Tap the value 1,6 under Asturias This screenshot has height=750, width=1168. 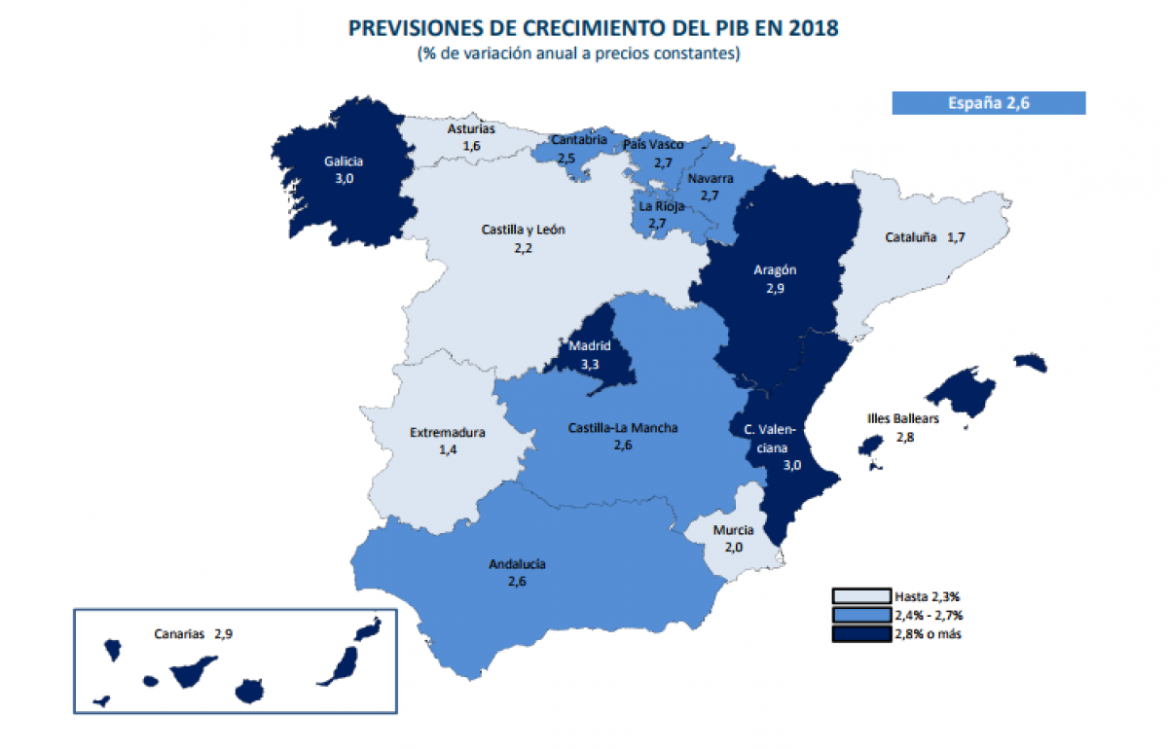pyautogui.click(x=472, y=145)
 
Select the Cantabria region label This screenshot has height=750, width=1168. pyautogui.click(x=578, y=140)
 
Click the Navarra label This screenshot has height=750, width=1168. pyautogui.click(x=710, y=179)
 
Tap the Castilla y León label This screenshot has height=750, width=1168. pyautogui.click(x=523, y=231)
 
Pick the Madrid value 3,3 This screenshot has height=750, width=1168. pyautogui.click(x=590, y=363)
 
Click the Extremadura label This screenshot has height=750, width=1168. pyautogui.click(x=448, y=433)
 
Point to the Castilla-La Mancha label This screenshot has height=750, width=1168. pyautogui.click(x=623, y=427)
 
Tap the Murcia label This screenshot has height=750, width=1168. pyautogui.click(x=733, y=530)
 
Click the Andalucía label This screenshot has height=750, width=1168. pyautogui.click(x=517, y=564)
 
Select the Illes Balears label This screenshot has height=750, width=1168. pyautogui.click(x=902, y=419)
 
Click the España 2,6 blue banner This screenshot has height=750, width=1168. pyautogui.click(x=988, y=103)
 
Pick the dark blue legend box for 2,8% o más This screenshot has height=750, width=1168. pyautogui.click(x=860, y=635)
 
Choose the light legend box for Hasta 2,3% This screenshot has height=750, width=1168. pyautogui.click(x=860, y=596)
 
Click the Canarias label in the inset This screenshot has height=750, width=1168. pyautogui.click(x=179, y=633)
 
